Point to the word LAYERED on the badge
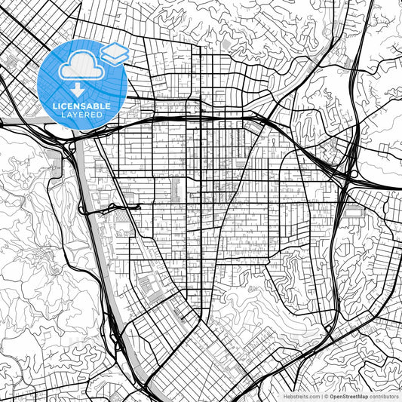83,115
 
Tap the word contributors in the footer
385,395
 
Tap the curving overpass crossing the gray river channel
113,207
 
